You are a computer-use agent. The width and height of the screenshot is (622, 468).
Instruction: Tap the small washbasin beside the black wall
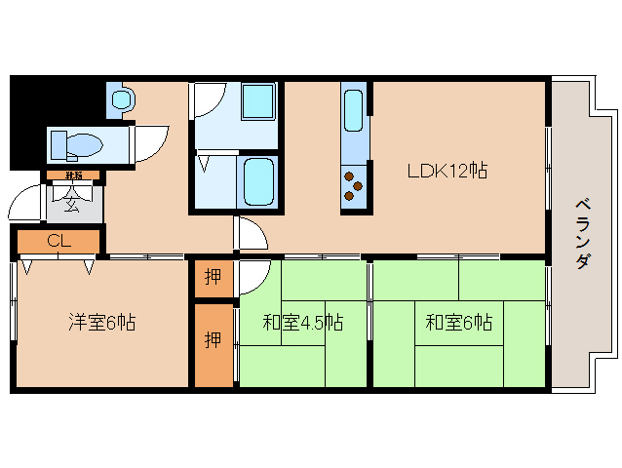click(x=122, y=99)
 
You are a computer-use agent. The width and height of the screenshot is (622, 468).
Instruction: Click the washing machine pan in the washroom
click(x=258, y=102)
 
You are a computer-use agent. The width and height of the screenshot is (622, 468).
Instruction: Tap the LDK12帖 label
click(x=447, y=171)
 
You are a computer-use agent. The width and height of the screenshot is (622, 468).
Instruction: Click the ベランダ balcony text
click(x=582, y=234)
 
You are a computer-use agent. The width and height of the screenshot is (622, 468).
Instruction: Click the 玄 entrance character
click(x=74, y=204)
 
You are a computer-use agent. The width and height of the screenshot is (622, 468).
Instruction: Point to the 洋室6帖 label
click(x=101, y=322)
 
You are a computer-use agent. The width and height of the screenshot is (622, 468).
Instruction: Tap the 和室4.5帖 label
click(x=302, y=322)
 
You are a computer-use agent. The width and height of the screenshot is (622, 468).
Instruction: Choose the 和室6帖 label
click(x=458, y=322)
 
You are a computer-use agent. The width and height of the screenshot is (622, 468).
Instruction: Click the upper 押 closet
click(x=213, y=276)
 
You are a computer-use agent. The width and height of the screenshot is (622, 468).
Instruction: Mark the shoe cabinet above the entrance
click(x=72, y=176)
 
